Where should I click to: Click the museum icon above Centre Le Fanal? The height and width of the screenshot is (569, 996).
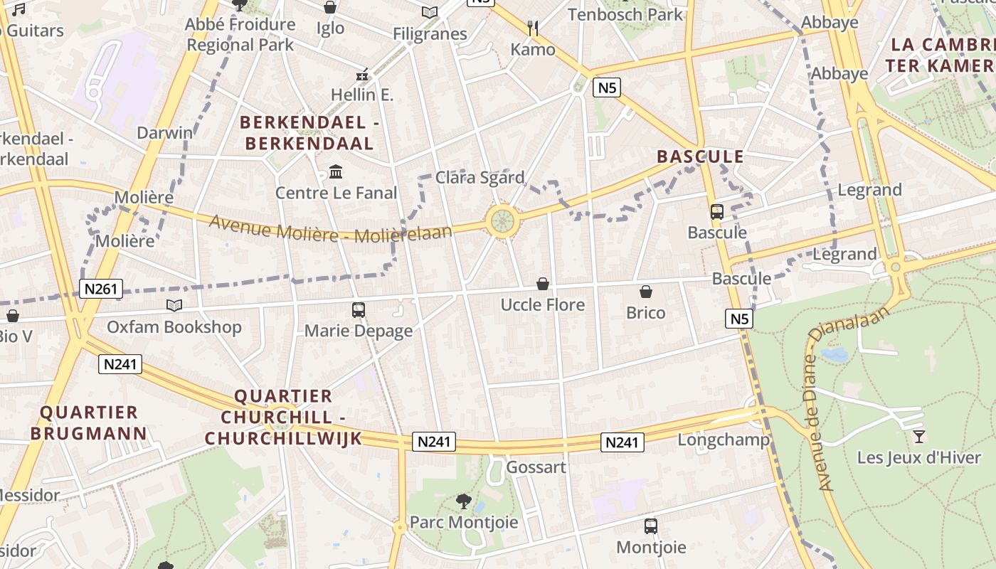(x=336, y=171)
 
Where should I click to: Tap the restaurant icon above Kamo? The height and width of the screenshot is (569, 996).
(x=533, y=28)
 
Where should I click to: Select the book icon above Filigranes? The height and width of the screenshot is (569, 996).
(x=430, y=12)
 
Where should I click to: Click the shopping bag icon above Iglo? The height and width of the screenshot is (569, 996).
(x=330, y=7)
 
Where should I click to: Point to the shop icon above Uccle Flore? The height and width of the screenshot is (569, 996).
(x=543, y=284)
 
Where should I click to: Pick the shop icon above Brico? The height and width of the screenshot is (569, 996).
(x=646, y=292)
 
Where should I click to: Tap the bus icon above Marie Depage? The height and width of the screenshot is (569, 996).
(x=359, y=310)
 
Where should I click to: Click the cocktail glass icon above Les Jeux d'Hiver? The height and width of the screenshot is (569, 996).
(x=919, y=436)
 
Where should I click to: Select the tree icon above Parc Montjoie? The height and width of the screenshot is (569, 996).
(x=464, y=501)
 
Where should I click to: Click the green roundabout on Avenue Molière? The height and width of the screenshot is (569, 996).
(x=502, y=221)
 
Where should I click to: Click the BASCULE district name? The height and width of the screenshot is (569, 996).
(x=700, y=156)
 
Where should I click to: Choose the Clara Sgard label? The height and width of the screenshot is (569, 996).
(x=480, y=178)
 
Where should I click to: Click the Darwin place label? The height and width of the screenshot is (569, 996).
(x=165, y=133)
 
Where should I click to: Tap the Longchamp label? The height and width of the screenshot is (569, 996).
(x=723, y=440)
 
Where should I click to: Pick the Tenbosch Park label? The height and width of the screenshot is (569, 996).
(x=625, y=14)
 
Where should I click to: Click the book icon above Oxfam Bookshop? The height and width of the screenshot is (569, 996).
(x=174, y=306)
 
